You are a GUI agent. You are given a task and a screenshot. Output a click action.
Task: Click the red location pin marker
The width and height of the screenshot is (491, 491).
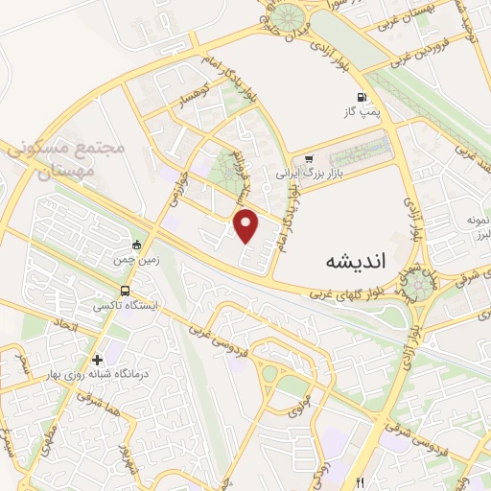point(247,226)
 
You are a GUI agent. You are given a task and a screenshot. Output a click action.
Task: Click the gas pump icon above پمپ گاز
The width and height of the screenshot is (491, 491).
point(361,97)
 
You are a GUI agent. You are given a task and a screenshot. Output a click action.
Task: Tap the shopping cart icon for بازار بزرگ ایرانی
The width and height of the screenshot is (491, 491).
point(308,159)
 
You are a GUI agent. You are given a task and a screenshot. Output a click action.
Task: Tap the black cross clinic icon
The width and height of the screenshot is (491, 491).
point(97,359)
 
